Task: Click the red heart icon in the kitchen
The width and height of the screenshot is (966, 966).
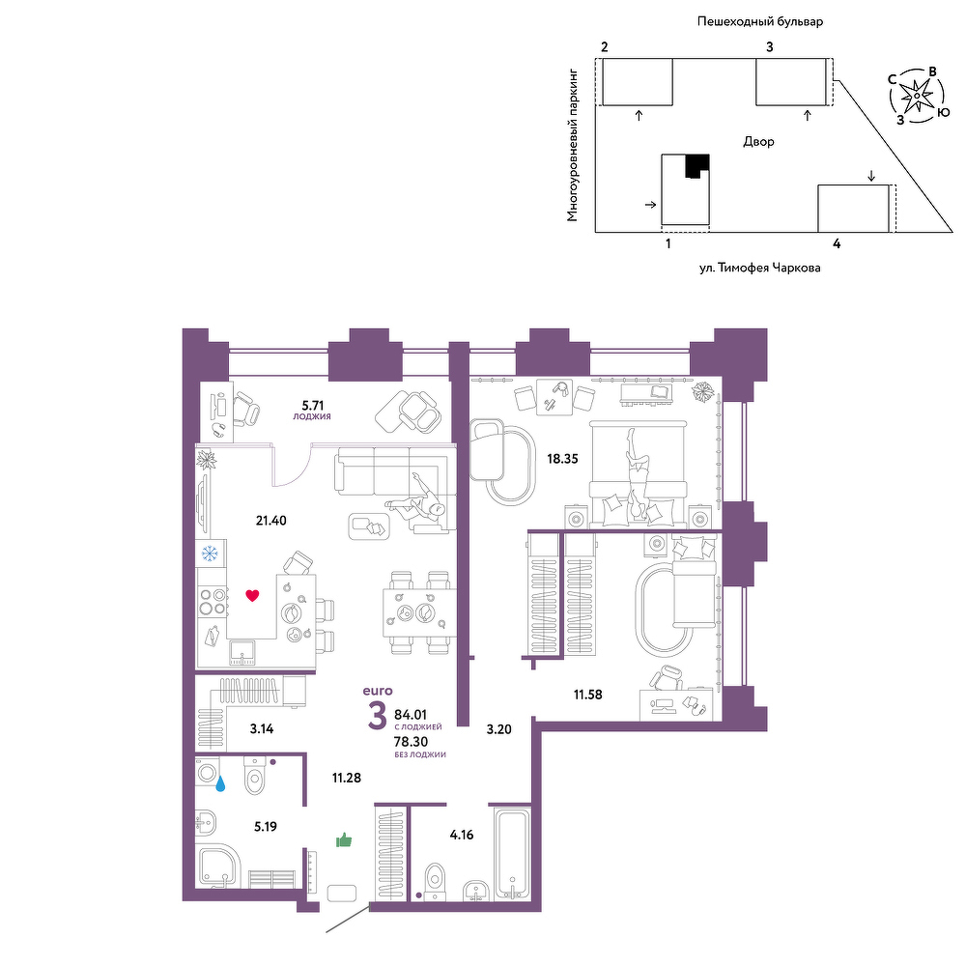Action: (252, 595)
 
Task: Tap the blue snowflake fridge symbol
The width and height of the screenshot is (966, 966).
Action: (210, 554)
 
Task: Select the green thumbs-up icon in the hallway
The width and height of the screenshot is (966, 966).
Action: (344, 839)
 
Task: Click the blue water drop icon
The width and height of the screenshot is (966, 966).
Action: (220, 783)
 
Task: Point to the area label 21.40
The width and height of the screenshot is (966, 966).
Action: (271, 521)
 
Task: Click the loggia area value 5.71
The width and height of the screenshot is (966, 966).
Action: (312, 406)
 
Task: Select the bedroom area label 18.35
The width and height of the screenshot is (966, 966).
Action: (562, 458)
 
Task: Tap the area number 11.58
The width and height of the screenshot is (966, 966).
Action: (587, 695)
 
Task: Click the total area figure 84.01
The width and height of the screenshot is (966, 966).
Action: (411, 715)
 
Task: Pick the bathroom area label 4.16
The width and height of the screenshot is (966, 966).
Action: (462, 835)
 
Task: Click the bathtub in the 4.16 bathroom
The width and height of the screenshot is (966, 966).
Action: (512, 853)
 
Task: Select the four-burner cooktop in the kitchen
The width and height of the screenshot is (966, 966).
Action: (212, 601)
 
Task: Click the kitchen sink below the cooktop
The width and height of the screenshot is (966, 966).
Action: (242, 653)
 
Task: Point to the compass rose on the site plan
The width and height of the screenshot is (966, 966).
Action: (918, 96)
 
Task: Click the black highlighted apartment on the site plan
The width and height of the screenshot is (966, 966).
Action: (696, 165)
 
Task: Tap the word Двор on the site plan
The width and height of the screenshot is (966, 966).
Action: (758, 142)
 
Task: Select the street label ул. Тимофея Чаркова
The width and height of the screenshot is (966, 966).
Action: (759, 268)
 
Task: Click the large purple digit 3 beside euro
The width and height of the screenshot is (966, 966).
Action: (377, 716)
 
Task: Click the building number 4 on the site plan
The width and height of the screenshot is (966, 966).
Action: (837, 243)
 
